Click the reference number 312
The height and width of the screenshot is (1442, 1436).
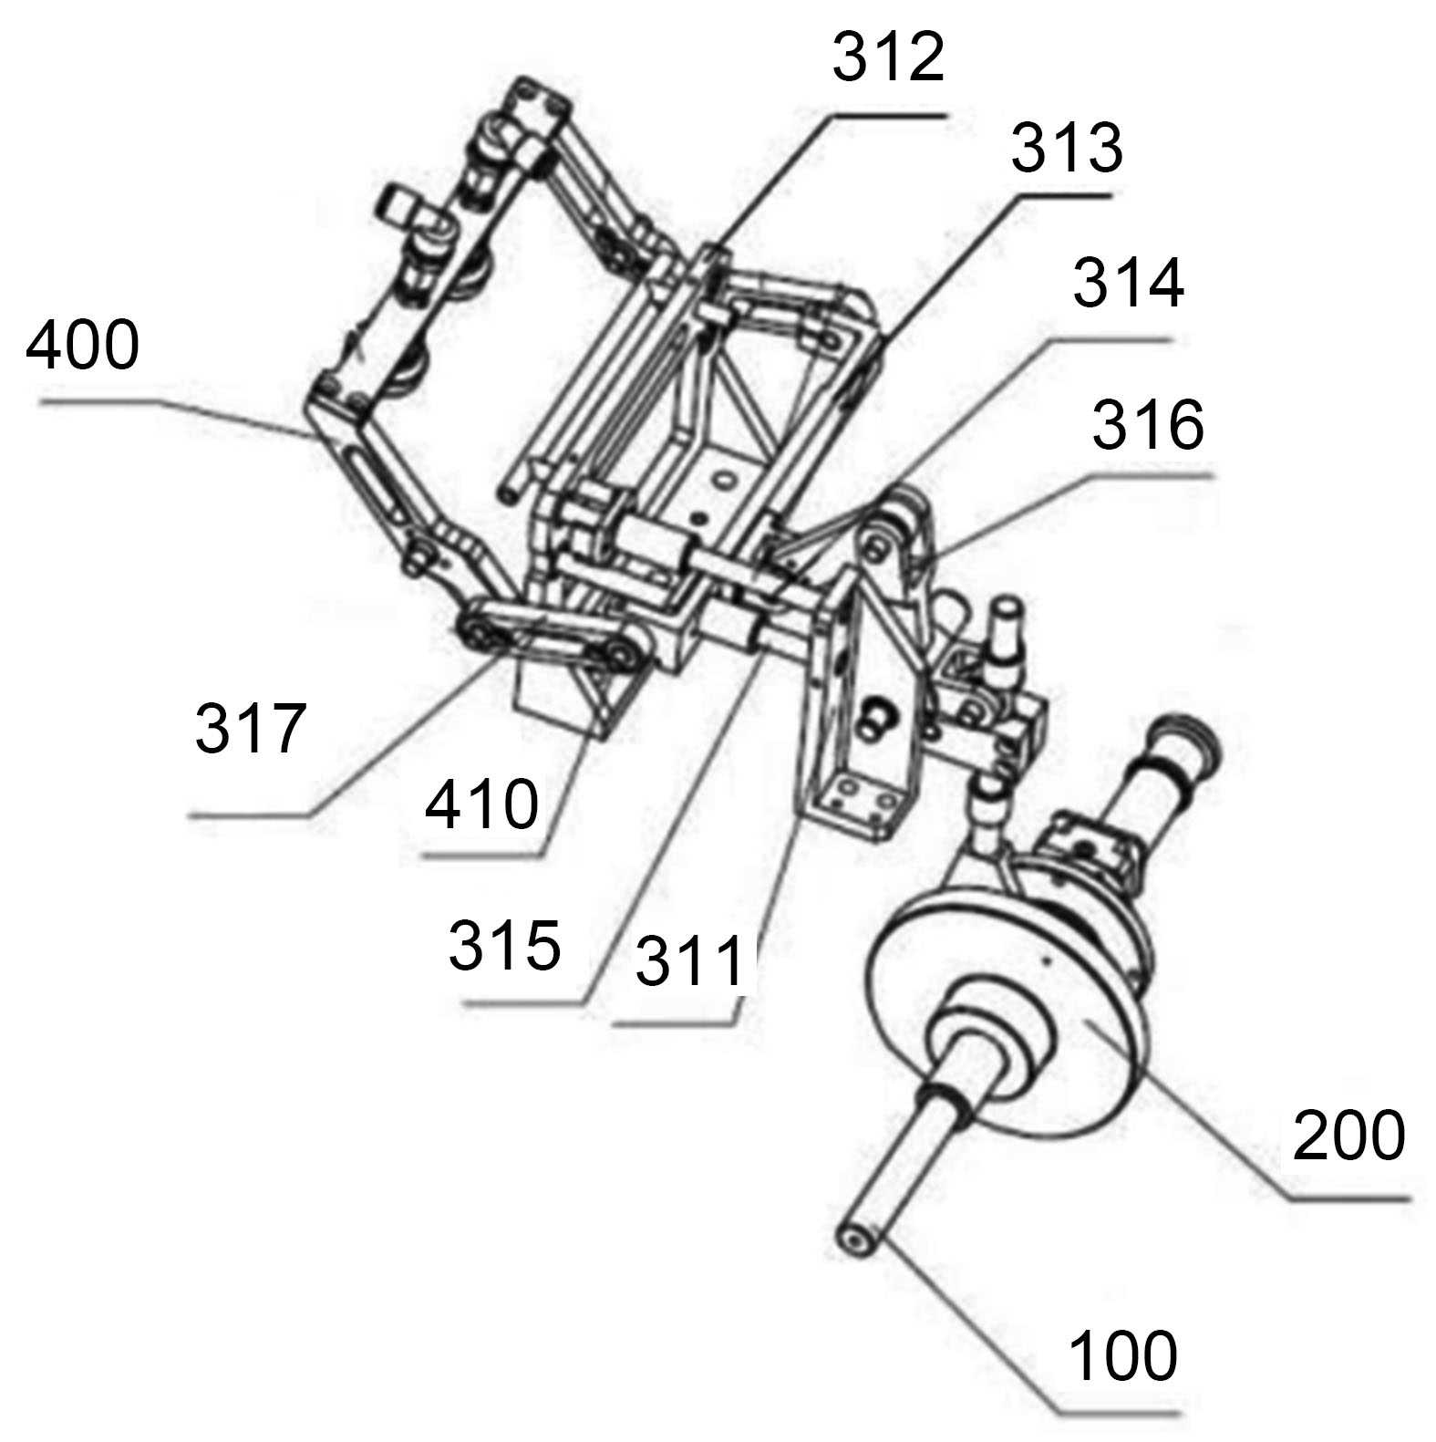point(888,58)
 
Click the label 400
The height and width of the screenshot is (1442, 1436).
point(82,346)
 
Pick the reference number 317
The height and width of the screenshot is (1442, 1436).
point(251,729)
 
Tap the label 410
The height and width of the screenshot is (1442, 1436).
point(482,804)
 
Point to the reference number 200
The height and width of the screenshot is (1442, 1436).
point(1348,1136)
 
